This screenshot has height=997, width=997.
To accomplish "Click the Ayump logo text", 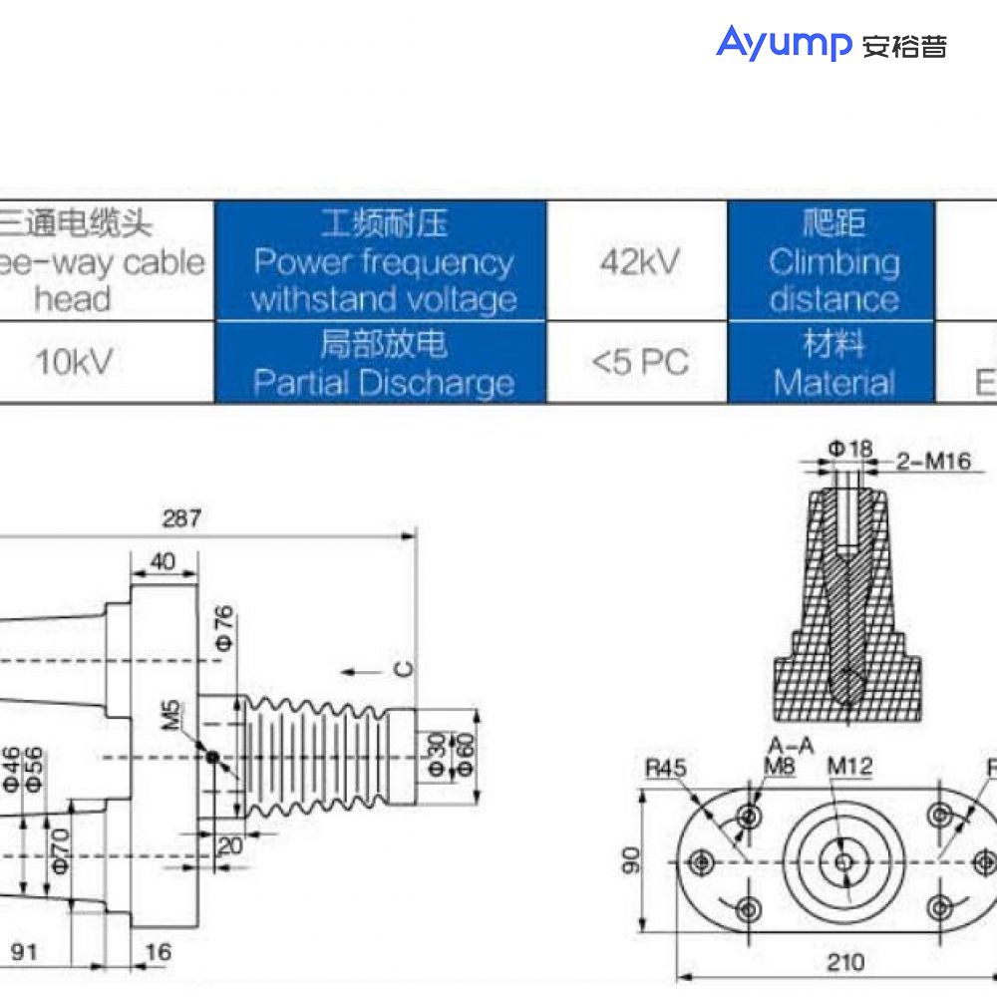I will (784, 44).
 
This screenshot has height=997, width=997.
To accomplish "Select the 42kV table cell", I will (639, 261).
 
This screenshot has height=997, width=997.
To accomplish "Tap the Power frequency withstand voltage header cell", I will (383, 261).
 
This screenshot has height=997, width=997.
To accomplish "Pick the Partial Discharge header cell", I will (383, 363).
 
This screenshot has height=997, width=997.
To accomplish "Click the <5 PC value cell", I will (639, 363).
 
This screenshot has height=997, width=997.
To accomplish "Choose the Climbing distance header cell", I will (832, 261).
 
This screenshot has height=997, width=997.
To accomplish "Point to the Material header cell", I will (832, 363).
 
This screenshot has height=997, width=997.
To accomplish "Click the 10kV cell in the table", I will (73, 363).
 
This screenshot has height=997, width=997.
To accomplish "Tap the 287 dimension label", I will (180, 518).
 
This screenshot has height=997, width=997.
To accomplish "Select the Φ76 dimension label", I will (224, 628).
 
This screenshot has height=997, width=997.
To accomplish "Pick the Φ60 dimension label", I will (464, 756).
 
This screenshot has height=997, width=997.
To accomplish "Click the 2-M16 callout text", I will (933, 461).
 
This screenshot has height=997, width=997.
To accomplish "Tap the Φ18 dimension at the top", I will (850, 450).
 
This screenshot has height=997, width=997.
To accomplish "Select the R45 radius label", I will (666, 768).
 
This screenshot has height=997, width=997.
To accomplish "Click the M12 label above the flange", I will (850, 766).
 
